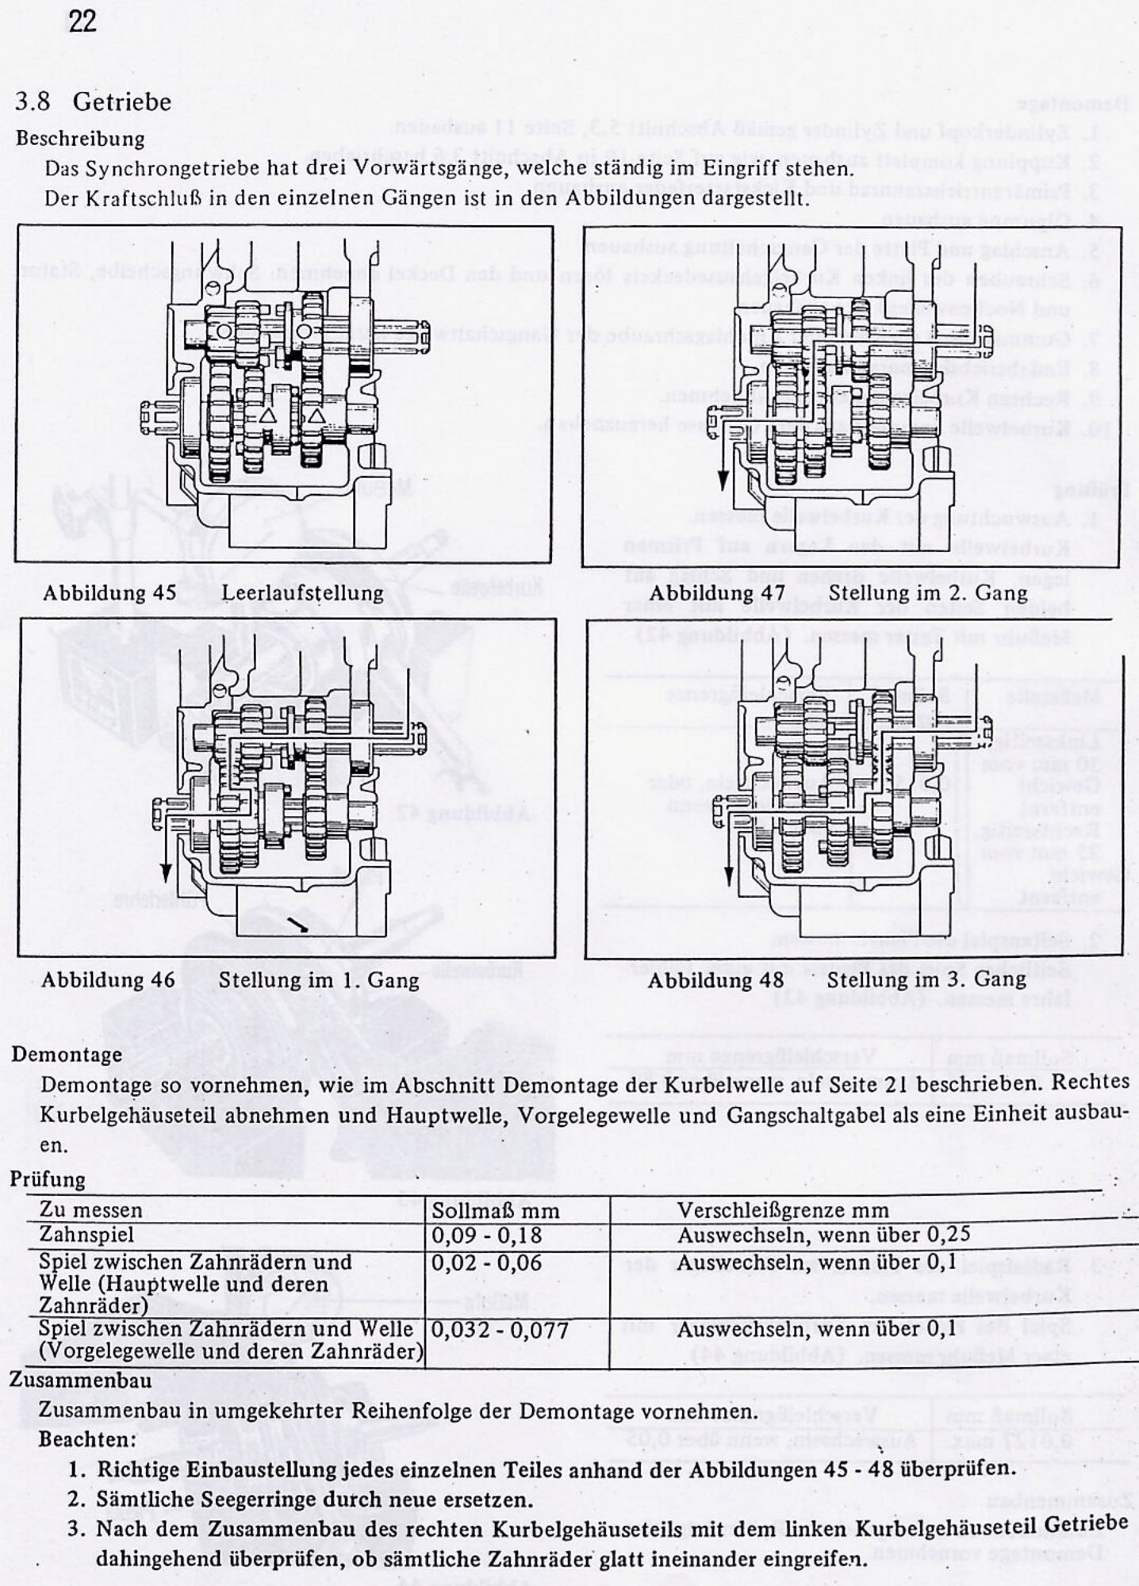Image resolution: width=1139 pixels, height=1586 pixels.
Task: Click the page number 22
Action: pos(82,21)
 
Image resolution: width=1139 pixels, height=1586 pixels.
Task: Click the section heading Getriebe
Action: pos(121,102)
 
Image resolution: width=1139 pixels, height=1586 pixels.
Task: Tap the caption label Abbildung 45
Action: pos(109,592)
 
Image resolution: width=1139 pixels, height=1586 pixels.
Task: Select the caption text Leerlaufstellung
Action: pos(302,592)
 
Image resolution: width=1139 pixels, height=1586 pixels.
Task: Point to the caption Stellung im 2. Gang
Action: pos(927,592)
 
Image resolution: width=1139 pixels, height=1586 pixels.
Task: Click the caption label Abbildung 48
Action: pos(715,979)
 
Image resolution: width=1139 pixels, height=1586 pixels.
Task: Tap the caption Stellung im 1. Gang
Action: pos(319,979)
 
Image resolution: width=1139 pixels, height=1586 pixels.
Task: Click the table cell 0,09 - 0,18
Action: pos(487,1235)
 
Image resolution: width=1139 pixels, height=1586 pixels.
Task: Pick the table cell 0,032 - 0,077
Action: pos(500,1330)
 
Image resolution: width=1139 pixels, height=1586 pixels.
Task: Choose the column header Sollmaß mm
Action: pos(495,1211)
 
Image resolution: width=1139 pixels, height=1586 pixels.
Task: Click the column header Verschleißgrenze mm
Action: pos(783,1210)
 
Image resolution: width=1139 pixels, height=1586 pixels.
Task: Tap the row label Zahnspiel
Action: pos(86,1235)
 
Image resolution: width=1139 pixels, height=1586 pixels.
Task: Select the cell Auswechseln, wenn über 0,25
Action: pos(823,1235)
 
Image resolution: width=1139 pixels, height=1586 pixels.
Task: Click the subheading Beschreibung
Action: pos(80,138)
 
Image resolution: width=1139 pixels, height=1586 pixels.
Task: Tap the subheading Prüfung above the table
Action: pos(48,1179)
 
